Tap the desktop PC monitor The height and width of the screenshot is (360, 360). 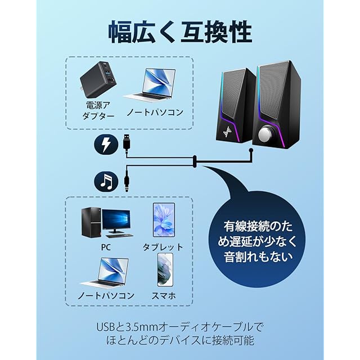pos(116,220)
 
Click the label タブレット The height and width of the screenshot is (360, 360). pos(163,247)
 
